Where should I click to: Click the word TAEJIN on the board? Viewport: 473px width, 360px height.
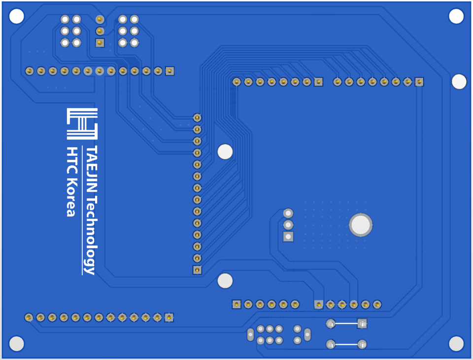[92, 169]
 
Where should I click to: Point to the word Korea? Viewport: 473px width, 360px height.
[72, 197]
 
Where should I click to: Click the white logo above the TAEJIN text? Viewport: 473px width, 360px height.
[82, 124]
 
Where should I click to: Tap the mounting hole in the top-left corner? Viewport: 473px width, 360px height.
[17, 16]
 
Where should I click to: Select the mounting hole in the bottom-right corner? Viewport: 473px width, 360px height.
[456, 344]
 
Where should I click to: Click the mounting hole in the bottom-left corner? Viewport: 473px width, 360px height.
[17, 344]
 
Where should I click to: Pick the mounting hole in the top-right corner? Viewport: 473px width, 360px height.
[456, 16]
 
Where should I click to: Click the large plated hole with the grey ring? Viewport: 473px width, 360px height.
[361, 225]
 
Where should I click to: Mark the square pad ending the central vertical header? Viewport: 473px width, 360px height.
[197, 270]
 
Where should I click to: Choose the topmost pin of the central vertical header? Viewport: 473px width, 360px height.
[197, 117]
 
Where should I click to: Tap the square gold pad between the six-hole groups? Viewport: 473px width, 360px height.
[100, 42]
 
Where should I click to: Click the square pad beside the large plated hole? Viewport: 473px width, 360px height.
[288, 237]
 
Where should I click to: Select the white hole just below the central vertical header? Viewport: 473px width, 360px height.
[225, 281]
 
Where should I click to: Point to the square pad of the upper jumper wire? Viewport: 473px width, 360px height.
[362, 324]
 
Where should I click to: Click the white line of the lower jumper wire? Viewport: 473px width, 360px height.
[346, 344]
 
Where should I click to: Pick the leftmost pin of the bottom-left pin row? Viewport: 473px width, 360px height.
[29, 318]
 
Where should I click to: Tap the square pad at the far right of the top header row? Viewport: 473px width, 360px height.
[419, 81]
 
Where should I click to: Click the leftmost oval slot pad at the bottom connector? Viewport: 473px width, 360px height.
[250, 335]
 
